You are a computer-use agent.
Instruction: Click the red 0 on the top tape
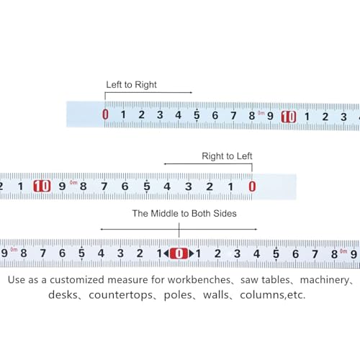tap(105, 114)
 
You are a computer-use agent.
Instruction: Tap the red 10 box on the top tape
tap(289, 117)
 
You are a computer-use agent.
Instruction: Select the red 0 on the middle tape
tap(252, 186)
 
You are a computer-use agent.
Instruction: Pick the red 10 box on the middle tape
tap(42, 186)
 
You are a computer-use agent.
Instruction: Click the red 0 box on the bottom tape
tap(179, 253)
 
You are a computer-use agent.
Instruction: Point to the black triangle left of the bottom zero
tap(166, 253)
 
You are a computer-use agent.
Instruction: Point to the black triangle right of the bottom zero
tap(192, 253)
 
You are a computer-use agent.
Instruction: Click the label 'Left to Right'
tap(131, 85)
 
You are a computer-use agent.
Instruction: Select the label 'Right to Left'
tap(227, 156)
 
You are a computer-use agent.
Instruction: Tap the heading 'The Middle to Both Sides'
tap(184, 213)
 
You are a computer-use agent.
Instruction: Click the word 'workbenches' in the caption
tap(199, 280)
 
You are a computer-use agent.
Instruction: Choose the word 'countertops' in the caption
tap(120, 295)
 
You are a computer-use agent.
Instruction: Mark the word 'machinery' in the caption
tap(325, 280)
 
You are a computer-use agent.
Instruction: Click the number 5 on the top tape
tap(197, 115)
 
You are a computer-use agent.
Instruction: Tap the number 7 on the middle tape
tap(104, 186)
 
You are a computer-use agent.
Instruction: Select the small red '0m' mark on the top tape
tap(261, 113)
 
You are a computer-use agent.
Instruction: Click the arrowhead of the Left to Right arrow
tap(191, 92)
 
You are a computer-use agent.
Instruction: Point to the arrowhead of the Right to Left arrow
tap(166, 164)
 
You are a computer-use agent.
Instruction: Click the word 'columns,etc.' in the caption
tap(273, 295)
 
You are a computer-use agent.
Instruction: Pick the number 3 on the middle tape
tap(189, 186)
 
